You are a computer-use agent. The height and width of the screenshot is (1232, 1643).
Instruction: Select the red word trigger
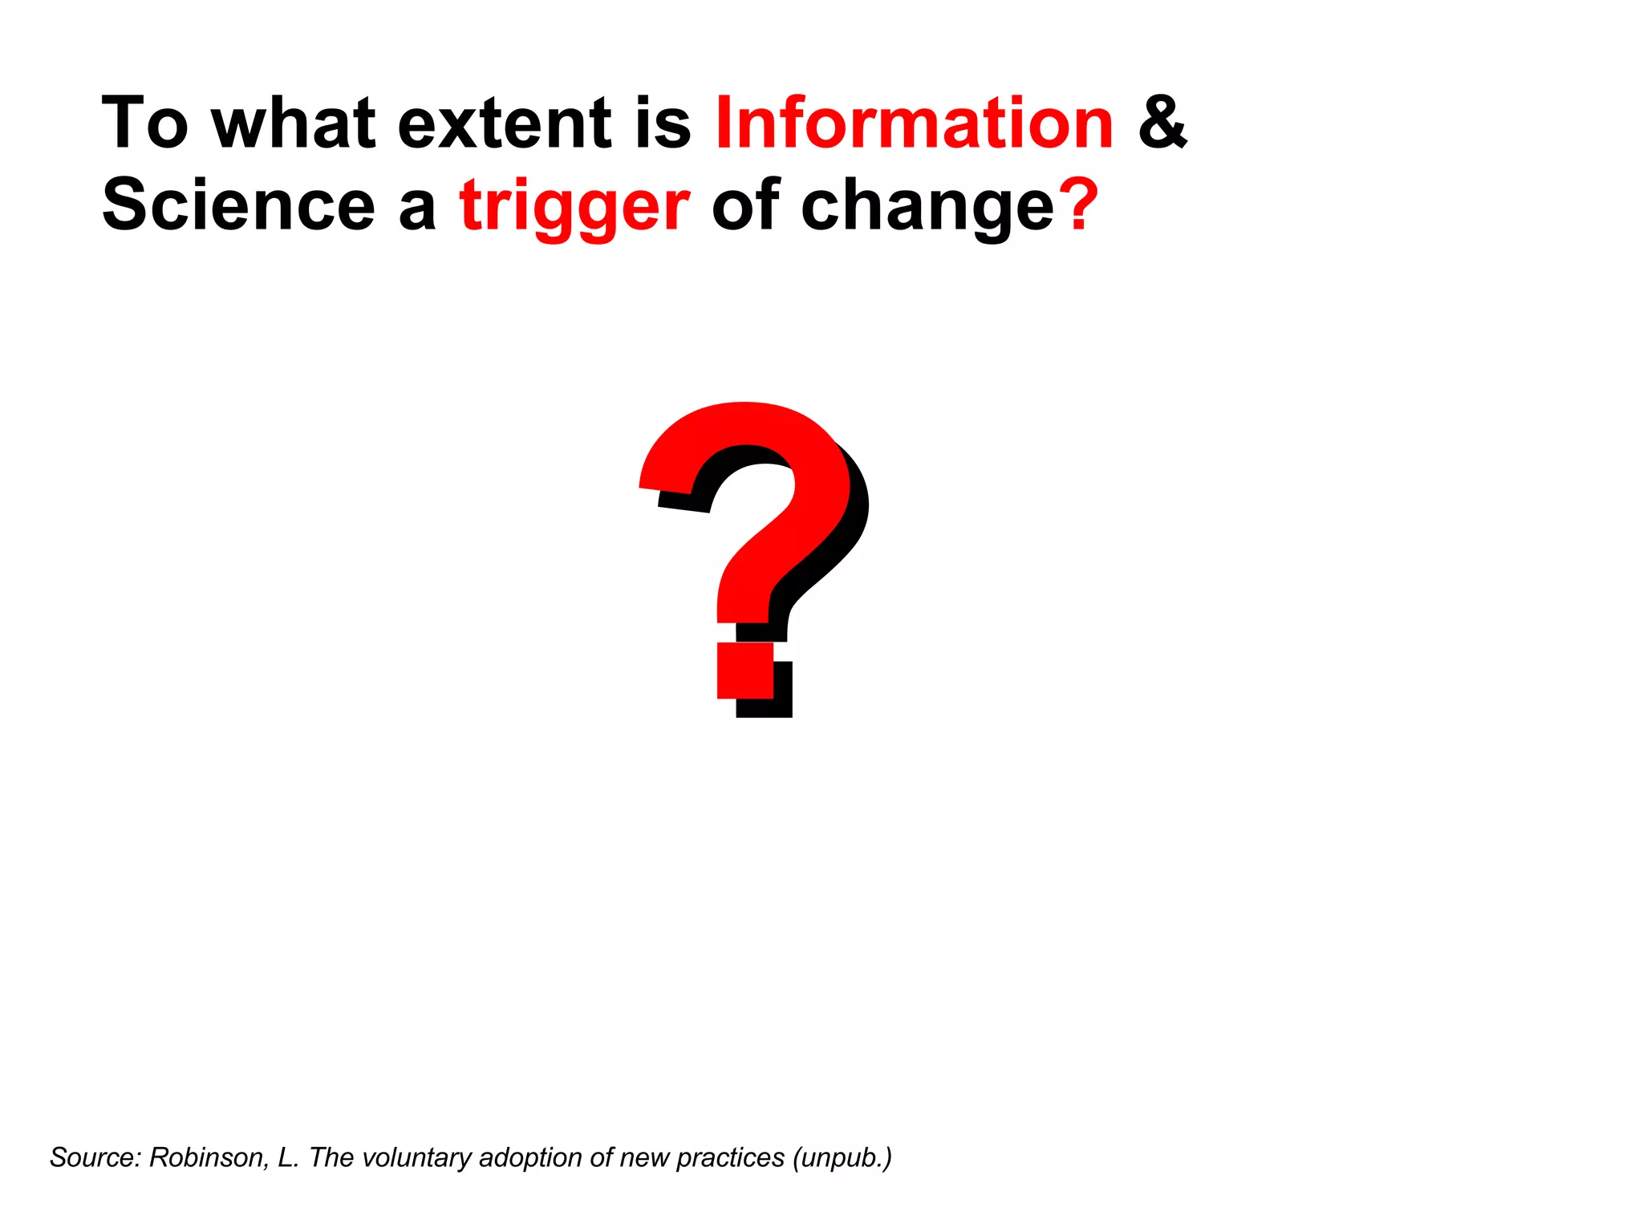tap(574, 207)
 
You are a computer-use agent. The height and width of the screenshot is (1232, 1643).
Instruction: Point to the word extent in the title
tap(505, 124)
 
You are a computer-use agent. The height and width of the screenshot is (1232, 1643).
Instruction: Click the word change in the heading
tap(927, 207)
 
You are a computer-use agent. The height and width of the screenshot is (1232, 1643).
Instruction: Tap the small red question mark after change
tap(1078, 205)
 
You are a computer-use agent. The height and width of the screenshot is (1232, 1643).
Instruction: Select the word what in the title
tap(294, 124)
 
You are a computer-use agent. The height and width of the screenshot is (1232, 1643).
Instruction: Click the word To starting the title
tap(144, 124)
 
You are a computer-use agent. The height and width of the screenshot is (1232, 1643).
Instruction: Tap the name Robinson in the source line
tap(209, 1157)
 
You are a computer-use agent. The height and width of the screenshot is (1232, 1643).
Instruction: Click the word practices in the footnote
tap(730, 1158)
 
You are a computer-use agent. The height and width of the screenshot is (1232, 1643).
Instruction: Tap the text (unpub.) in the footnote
tap(842, 1158)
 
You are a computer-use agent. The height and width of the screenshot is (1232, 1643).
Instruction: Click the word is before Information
tap(663, 124)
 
